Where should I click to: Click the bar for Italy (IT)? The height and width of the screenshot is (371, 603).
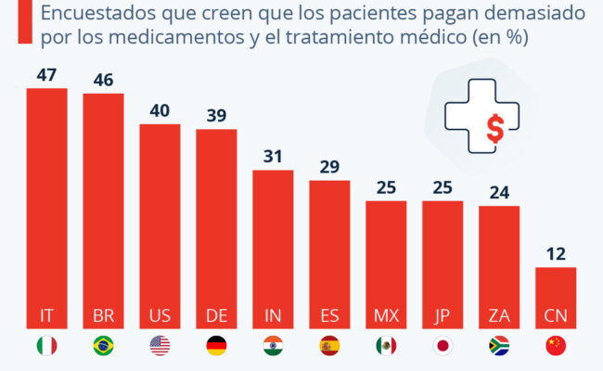(46, 204)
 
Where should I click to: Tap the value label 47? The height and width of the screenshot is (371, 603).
(46, 72)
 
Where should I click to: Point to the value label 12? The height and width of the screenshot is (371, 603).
(556, 251)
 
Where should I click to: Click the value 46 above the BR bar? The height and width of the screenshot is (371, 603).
(103, 79)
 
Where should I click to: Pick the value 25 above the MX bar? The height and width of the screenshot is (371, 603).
(386, 185)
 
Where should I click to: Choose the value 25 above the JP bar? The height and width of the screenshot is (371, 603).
(443, 185)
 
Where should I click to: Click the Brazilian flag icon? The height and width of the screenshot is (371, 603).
(103, 346)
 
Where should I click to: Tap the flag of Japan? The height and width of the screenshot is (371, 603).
(443, 346)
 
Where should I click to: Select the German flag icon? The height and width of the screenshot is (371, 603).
(216, 346)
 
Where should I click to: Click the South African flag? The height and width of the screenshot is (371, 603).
(499, 346)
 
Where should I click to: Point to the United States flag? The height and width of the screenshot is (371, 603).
(160, 346)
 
